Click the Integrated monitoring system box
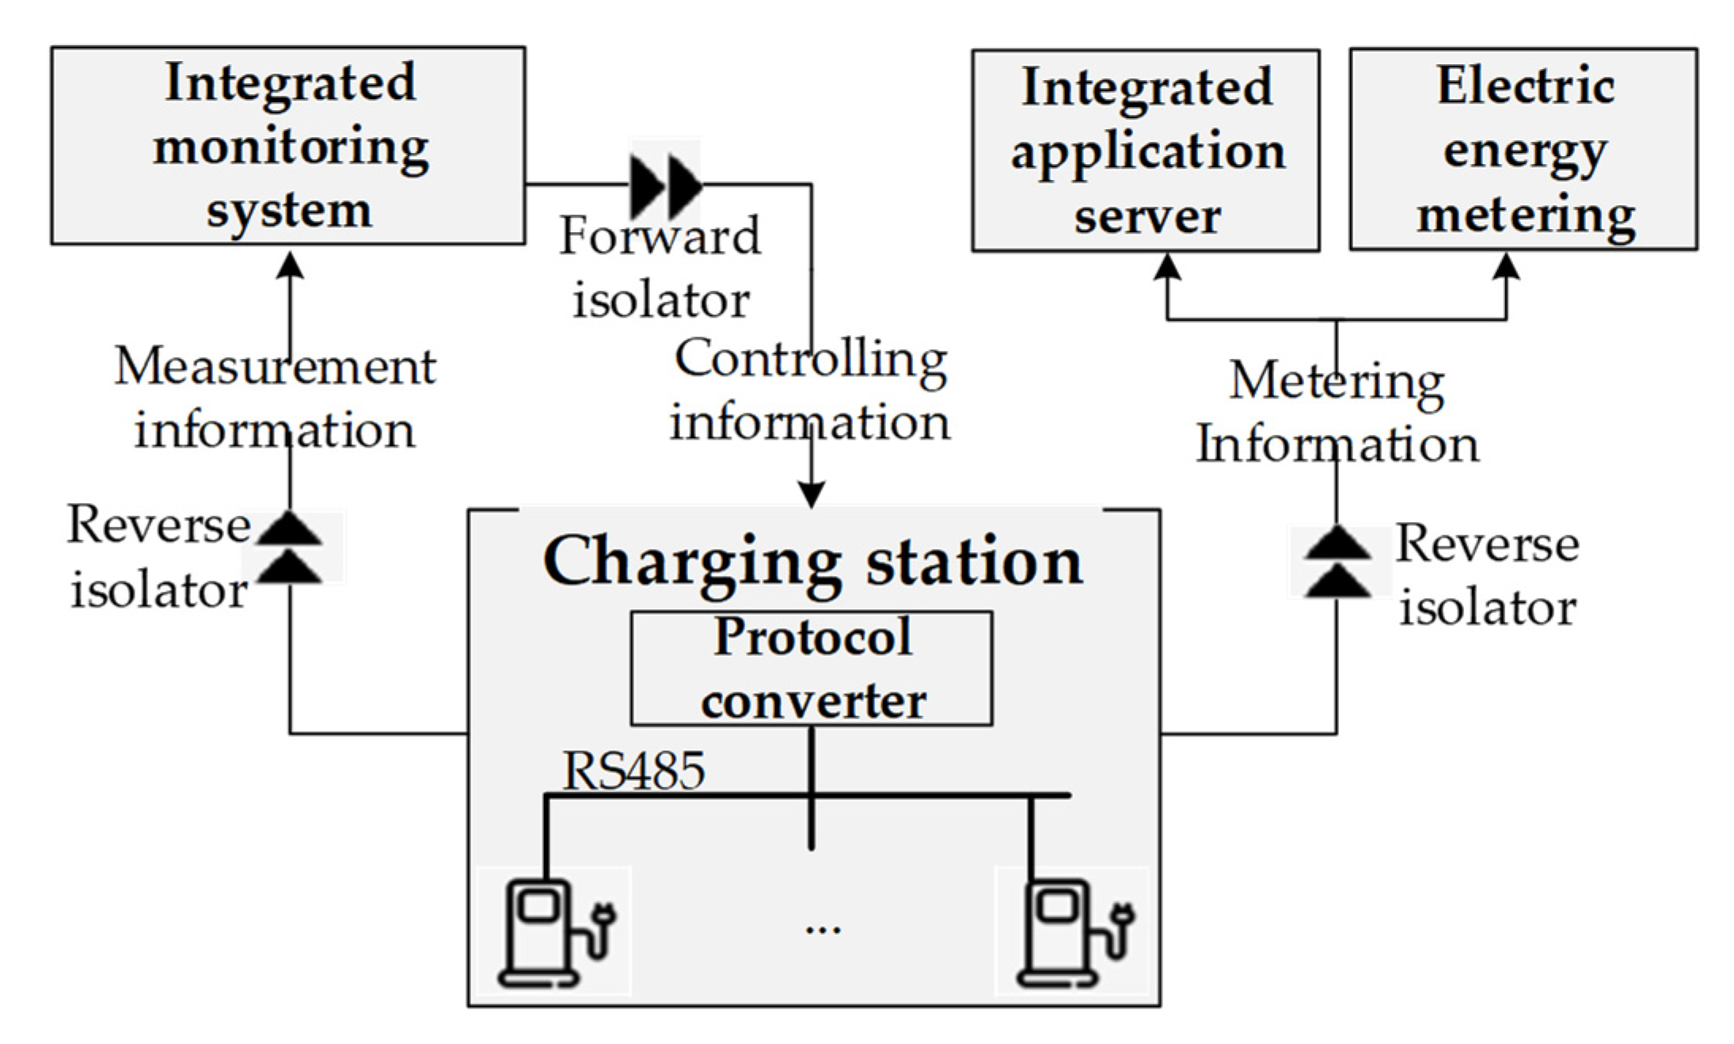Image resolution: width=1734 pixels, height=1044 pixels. (288, 146)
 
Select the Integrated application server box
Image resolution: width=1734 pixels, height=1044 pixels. (1145, 151)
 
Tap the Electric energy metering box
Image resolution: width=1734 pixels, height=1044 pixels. (1523, 149)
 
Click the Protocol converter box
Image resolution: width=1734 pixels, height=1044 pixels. (811, 668)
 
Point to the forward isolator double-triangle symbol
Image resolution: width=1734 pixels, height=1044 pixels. (665, 186)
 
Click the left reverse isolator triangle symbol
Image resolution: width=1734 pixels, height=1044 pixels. (290, 547)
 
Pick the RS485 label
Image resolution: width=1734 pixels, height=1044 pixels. (633, 770)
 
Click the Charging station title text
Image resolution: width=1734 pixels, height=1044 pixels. (812, 561)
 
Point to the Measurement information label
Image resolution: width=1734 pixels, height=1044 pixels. (275, 398)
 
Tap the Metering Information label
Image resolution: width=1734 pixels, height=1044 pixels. (1337, 412)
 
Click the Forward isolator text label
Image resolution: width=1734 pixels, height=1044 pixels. (660, 268)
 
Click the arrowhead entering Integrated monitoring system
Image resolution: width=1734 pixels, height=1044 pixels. (291, 265)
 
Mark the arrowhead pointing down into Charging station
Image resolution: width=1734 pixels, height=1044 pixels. (811, 495)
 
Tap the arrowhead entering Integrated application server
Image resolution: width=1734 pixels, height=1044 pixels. (1167, 267)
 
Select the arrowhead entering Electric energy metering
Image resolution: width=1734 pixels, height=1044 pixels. (1505, 266)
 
